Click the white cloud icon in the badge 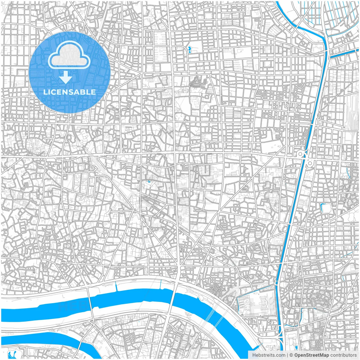point(69,56)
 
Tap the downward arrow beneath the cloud point(66,77)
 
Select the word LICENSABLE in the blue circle point(69,92)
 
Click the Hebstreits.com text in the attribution point(269,355)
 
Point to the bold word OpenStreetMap point(312,355)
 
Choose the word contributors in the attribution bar point(343,355)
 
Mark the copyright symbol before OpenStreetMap point(291,355)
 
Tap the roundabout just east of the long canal point(310,163)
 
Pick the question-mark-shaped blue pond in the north point(190,50)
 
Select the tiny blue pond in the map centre point(148,182)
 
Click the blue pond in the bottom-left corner point(12,354)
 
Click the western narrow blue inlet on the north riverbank point(116,286)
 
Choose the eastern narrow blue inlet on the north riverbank point(161,285)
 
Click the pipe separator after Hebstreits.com point(287,355)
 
